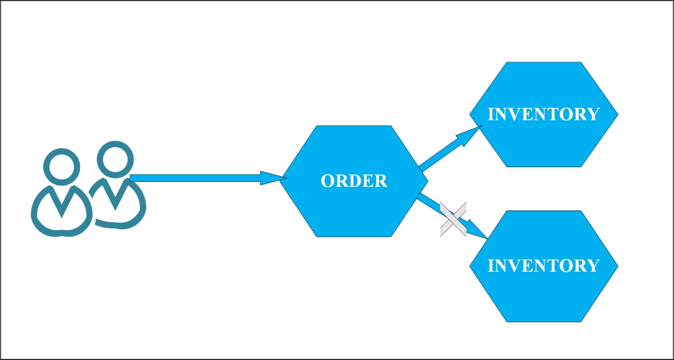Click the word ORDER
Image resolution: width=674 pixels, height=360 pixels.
pos(354,181)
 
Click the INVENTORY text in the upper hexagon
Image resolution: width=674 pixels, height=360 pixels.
pos(543,114)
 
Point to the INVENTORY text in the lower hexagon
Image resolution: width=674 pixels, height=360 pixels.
pos(543,266)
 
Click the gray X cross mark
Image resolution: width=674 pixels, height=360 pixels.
pos(453,220)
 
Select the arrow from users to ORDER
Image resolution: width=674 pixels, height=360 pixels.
pos(194,178)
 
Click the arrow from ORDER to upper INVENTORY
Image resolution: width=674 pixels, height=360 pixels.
pos(445,151)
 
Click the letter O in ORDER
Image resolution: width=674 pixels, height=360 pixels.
pos(327,181)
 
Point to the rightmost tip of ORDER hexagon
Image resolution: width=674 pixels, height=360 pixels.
pos(427,181)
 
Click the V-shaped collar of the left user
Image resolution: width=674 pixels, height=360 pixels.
pos(61,203)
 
